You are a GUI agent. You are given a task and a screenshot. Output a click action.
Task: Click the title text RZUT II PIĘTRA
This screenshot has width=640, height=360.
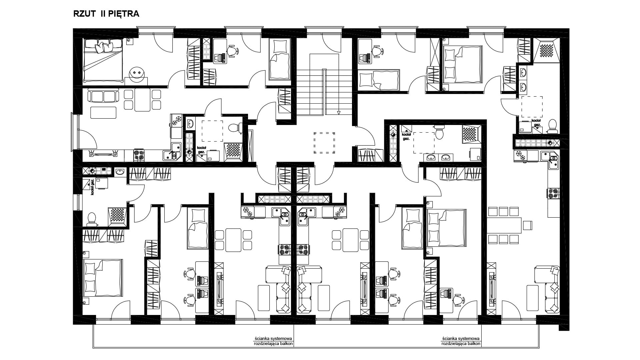tap(106, 14)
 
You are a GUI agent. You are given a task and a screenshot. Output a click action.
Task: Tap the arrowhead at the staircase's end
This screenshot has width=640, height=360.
tap(339, 113)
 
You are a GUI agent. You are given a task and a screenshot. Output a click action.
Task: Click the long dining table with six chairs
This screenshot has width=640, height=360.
tap(504, 225)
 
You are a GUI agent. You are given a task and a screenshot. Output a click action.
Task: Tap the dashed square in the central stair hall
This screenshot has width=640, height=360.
tap(324, 142)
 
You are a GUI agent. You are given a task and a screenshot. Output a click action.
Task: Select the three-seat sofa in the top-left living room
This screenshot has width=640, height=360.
tap(103, 96)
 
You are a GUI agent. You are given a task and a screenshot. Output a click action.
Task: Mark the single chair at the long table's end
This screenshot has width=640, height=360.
tap(527, 225)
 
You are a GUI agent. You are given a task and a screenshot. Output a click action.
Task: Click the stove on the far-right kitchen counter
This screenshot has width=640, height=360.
tap(553, 194)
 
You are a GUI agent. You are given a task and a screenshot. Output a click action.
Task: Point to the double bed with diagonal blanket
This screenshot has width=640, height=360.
tap(103, 60)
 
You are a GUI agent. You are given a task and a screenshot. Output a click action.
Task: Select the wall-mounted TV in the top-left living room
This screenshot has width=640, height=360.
tap(103, 154)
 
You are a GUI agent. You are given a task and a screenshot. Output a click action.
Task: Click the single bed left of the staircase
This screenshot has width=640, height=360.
tap(280, 59)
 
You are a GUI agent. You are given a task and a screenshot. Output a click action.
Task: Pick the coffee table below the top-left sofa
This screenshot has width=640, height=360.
tap(104, 112)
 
